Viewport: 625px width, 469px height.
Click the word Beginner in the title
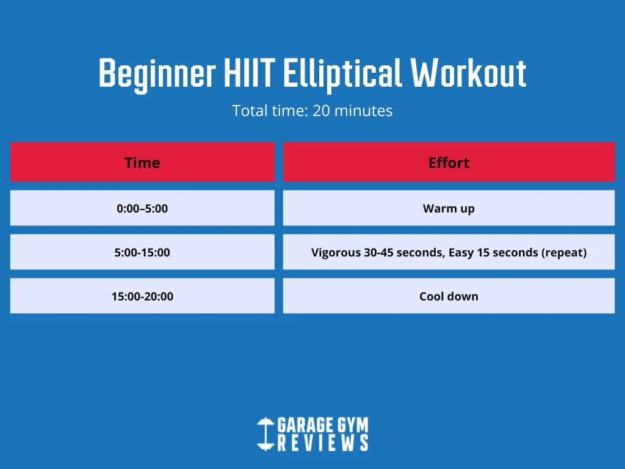pos(157,74)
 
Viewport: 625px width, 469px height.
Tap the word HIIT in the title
pos(250,73)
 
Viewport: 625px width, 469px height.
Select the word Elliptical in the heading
pos(342,74)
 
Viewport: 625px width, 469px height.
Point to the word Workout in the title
pos(468,73)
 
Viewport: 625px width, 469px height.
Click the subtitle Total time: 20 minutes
pos(312,111)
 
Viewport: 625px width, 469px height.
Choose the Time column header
pos(142,162)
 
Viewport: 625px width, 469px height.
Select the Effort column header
pos(449,162)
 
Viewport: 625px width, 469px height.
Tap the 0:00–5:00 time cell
pos(142,208)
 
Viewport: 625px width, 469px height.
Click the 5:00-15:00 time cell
pos(142,252)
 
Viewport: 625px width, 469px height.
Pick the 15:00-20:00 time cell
pos(142,296)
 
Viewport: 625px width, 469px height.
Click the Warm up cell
pos(449,208)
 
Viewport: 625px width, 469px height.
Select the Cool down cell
pos(449,296)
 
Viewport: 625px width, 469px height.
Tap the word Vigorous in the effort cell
pos(336,253)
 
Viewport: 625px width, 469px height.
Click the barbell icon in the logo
pos(266,434)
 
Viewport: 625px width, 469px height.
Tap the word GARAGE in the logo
pos(305,425)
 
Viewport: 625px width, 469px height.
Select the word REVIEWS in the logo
pos(323,443)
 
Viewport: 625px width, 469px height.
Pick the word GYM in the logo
pos(353,425)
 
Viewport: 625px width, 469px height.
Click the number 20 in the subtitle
pos(321,111)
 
